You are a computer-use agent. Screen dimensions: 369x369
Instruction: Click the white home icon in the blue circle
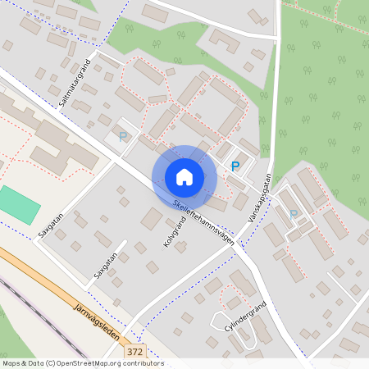[184, 176]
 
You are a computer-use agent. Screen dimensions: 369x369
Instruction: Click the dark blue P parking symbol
[235, 166]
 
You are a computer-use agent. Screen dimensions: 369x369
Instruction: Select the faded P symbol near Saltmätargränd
[123, 137]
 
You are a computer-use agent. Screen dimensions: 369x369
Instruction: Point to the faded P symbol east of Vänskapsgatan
[294, 215]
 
